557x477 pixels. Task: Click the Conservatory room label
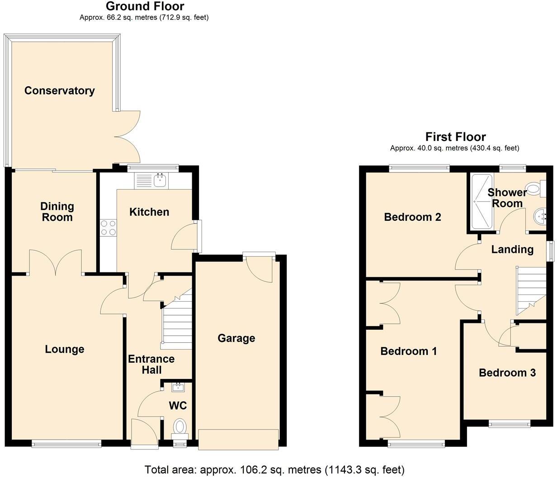click(x=59, y=90)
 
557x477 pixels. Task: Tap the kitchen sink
click(x=160, y=182)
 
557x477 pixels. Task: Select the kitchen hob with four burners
click(x=108, y=227)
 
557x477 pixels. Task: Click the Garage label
click(x=236, y=338)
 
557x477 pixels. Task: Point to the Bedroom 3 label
click(x=507, y=373)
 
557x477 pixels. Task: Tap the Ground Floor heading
click(x=145, y=6)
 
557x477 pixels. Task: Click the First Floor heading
click(x=455, y=137)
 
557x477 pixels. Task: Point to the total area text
click(x=274, y=470)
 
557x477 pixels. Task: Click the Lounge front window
click(x=66, y=444)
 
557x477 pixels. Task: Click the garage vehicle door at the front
click(x=238, y=440)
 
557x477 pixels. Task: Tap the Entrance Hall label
click(x=151, y=365)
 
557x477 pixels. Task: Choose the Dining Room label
click(x=57, y=212)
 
